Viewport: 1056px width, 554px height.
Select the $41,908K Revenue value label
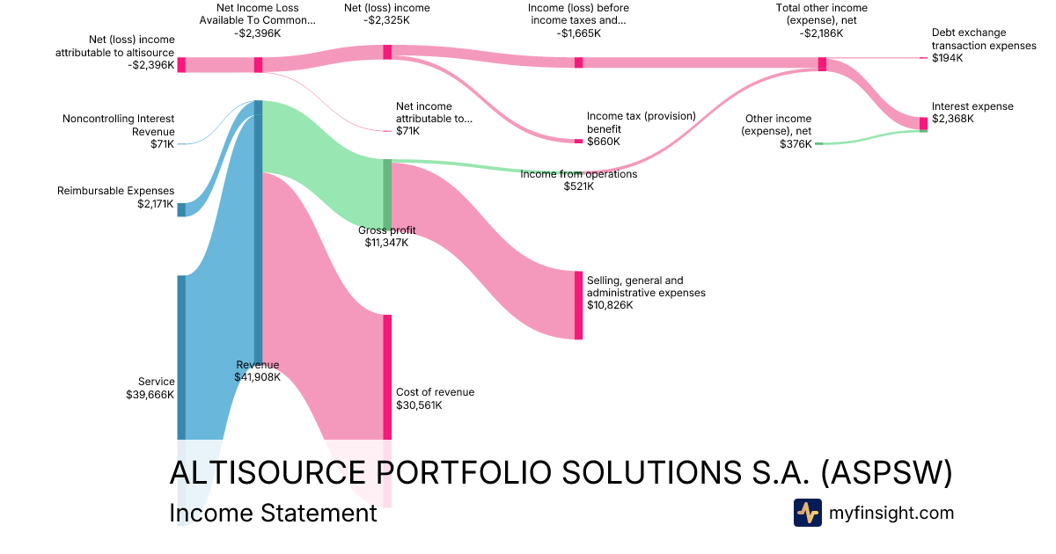point(257,377)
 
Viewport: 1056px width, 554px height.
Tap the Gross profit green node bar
point(387,194)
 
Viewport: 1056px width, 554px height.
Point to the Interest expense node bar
point(923,123)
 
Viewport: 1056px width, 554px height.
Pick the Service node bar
point(181,356)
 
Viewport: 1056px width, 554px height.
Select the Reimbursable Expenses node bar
point(181,209)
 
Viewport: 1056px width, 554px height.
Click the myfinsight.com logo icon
point(807,513)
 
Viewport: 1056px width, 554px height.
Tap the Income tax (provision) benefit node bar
point(578,141)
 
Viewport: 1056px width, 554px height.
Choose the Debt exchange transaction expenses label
point(984,40)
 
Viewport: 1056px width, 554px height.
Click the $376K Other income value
point(796,144)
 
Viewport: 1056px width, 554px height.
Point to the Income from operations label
point(578,174)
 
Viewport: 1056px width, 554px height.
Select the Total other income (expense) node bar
point(822,64)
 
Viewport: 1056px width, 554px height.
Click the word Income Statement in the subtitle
point(273,514)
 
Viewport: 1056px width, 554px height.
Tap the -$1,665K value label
point(578,33)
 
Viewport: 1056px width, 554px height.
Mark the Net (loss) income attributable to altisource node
point(181,64)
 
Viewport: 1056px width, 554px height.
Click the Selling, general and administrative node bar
point(578,305)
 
